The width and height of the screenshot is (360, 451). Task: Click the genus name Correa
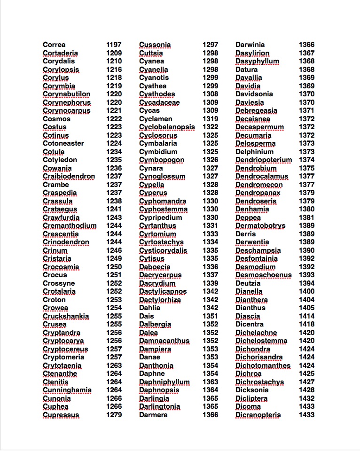(x=54, y=45)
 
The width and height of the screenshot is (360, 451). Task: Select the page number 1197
(x=114, y=45)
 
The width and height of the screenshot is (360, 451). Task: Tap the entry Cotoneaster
(x=63, y=143)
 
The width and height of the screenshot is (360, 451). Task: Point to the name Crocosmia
(x=61, y=267)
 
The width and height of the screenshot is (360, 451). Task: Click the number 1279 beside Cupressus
(x=114, y=415)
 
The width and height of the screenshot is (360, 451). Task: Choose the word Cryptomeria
(x=63, y=357)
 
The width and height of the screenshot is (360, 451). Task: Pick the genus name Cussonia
(x=155, y=45)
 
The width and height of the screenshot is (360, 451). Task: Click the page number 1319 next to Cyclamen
(x=211, y=119)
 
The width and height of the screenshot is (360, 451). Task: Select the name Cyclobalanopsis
(x=167, y=127)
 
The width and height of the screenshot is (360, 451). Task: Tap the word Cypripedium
(x=160, y=218)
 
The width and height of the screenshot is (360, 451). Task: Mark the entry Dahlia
(x=149, y=308)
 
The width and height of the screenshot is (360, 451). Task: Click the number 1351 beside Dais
(x=211, y=316)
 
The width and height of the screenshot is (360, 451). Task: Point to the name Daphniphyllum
(x=164, y=382)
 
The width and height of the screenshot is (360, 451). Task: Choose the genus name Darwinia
(x=250, y=45)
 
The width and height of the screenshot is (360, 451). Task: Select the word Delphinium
(x=254, y=152)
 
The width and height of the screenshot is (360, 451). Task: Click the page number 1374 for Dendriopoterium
(x=307, y=160)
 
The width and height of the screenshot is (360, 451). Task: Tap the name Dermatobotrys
(x=260, y=225)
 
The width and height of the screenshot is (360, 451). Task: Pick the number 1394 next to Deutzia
(x=307, y=283)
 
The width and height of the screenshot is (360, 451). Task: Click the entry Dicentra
(x=250, y=324)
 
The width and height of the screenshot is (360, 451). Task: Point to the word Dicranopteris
(x=258, y=415)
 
